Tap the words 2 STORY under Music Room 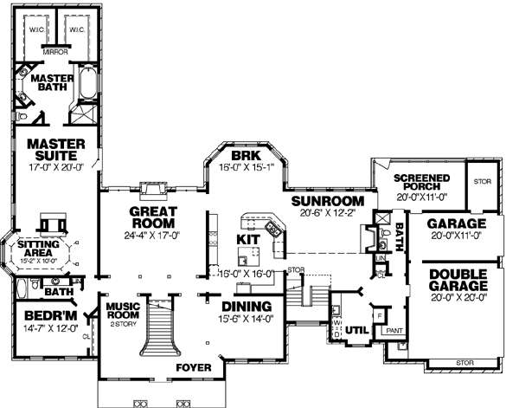click(123, 324)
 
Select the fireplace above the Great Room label click(154, 190)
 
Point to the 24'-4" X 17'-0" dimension click(152, 234)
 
